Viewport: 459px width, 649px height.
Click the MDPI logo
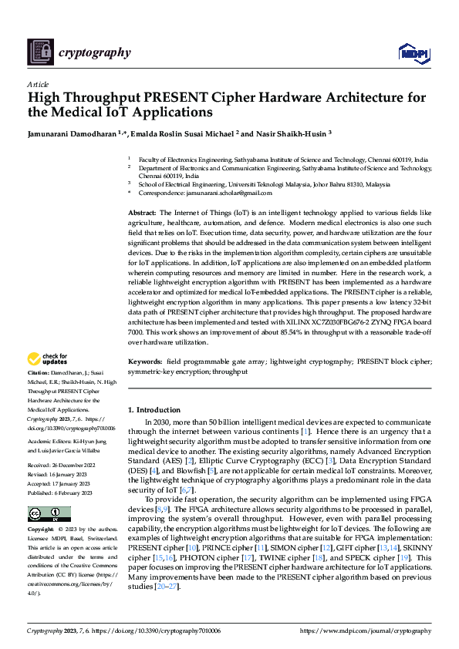413,52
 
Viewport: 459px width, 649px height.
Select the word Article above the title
38,84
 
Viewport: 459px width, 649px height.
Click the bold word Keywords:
144,361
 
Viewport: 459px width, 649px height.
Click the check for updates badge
48,359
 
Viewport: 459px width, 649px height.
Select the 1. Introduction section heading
154,410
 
